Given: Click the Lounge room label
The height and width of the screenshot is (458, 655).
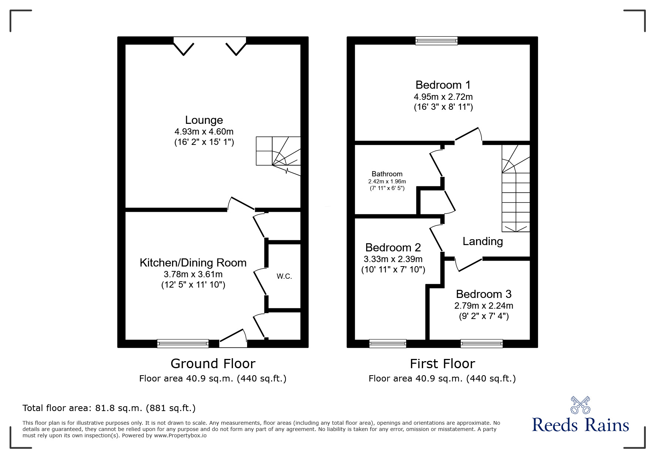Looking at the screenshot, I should click(x=204, y=120).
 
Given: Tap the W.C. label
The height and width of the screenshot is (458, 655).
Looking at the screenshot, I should click(x=284, y=276).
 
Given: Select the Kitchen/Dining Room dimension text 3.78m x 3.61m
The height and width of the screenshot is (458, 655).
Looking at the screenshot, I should click(x=193, y=274).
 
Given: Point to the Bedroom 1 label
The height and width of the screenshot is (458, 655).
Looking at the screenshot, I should click(x=443, y=85).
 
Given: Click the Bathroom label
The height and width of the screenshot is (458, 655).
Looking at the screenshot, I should click(x=387, y=174).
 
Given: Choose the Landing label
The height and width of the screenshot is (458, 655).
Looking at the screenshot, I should click(x=482, y=241).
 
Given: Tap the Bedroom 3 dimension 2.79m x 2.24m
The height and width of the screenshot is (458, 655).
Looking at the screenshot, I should click(x=483, y=306).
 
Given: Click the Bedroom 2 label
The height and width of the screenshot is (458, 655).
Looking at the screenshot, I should click(x=393, y=247).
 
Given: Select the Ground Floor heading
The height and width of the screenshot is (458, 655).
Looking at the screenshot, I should click(x=213, y=364).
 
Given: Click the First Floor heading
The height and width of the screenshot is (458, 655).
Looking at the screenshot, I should click(x=442, y=364).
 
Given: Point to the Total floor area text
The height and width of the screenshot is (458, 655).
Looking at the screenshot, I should click(x=109, y=408).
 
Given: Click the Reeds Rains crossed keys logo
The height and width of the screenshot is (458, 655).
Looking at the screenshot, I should click(x=580, y=405).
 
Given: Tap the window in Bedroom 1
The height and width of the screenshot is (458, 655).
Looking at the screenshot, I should click(x=436, y=41).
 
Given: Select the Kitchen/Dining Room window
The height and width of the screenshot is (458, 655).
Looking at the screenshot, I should click(x=183, y=343).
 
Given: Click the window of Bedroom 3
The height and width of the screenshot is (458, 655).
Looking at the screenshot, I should click(x=481, y=343).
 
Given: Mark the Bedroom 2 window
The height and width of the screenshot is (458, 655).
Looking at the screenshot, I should click(x=388, y=343).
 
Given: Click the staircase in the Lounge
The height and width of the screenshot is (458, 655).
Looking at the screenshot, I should click(x=278, y=155).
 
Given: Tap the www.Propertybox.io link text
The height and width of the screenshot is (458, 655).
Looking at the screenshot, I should click(x=180, y=435).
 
